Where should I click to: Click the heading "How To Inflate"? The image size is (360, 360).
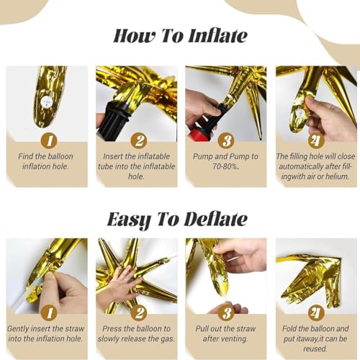(x=180, y=35)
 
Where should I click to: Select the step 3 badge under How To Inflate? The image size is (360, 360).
(x=227, y=140)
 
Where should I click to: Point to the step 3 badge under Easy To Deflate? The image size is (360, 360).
(x=227, y=312)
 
